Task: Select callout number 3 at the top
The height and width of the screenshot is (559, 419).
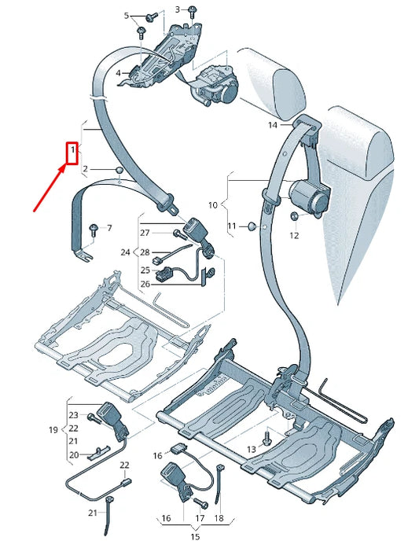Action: click(x=177, y=9)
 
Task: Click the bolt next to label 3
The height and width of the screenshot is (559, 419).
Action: click(x=191, y=11)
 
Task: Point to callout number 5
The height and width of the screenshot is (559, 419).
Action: click(x=127, y=16)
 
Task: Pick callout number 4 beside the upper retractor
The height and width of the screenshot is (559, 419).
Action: click(x=118, y=73)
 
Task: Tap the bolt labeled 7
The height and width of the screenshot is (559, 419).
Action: click(x=94, y=228)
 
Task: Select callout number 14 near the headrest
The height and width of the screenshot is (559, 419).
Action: click(x=273, y=125)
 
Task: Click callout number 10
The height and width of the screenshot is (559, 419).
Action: click(x=212, y=205)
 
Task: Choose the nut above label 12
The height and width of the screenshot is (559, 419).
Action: click(x=294, y=216)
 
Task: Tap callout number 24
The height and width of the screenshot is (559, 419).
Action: click(x=125, y=252)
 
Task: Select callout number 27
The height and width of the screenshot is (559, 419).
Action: click(x=145, y=233)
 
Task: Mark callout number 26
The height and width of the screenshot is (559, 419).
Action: click(x=145, y=284)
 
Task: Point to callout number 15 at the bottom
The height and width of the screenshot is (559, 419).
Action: click(x=194, y=537)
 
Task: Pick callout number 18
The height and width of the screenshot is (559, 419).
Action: click(x=219, y=518)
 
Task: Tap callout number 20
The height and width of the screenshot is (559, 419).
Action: click(x=73, y=455)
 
